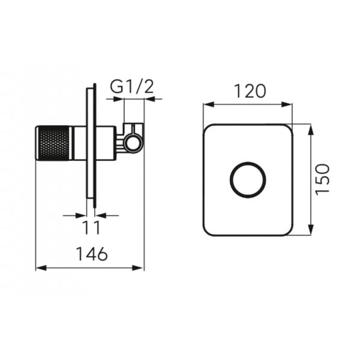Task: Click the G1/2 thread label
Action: point(131,87)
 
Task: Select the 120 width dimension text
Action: point(250,91)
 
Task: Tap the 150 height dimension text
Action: point(322,179)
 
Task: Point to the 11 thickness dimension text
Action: point(91,227)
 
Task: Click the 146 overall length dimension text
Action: point(91,254)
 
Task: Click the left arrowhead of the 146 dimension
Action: point(41,268)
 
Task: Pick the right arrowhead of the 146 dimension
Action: point(138,268)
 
